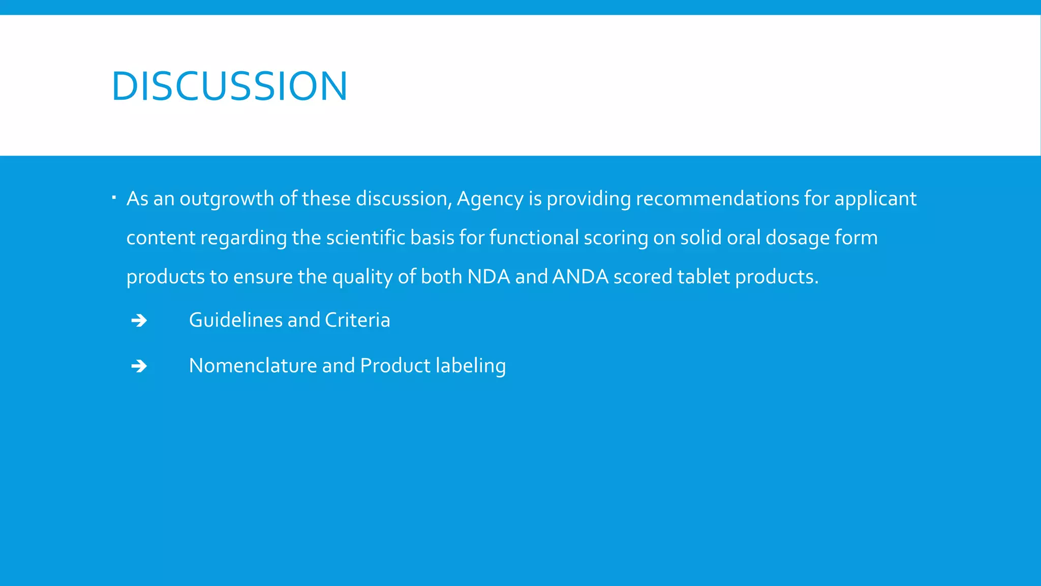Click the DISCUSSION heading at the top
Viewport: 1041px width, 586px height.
pyautogui.click(x=229, y=86)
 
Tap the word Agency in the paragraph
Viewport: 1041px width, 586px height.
pyautogui.click(x=490, y=199)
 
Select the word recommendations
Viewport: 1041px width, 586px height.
pyautogui.click(x=717, y=198)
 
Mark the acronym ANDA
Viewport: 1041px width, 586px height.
pyautogui.click(x=580, y=277)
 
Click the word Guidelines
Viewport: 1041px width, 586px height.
pyautogui.click(x=236, y=320)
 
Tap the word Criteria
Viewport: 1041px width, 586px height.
pyautogui.click(x=357, y=320)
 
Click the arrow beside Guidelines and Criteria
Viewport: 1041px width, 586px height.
pyautogui.click(x=139, y=320)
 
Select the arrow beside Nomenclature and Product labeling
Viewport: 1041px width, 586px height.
pyautogui.click(x=139, y=366)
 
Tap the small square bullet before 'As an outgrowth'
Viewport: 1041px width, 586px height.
pyautogui.click(x=114, y=196)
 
